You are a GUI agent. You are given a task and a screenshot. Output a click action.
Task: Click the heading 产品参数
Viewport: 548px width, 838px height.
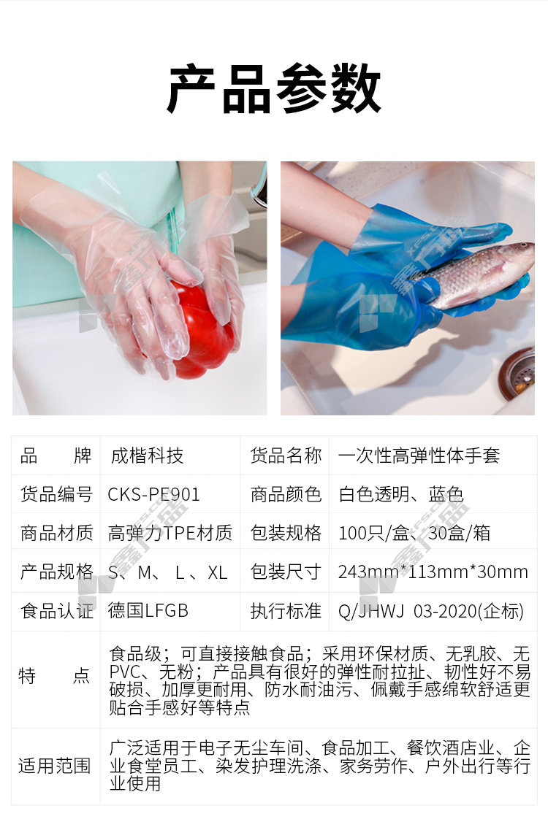tap(274, 88)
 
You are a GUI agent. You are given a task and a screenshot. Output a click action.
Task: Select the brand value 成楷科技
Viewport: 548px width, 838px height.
tap(147, 456)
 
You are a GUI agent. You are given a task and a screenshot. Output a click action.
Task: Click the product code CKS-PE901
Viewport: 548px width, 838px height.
tap(153, 494)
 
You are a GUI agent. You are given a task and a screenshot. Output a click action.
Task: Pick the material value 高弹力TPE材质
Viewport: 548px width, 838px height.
tap(170, 533)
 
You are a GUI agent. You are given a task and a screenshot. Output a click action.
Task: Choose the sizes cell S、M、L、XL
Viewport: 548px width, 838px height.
tap(167, 572)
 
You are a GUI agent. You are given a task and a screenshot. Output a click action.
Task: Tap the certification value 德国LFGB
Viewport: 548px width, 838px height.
tap(148, 610)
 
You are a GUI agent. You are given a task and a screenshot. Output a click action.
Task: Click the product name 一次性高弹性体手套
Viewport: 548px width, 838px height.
tap(419, 456)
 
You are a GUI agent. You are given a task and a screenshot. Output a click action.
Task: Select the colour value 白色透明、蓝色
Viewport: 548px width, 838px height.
tap(401, 494)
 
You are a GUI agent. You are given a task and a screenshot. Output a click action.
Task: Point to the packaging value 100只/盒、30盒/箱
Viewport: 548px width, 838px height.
tap(414, 533)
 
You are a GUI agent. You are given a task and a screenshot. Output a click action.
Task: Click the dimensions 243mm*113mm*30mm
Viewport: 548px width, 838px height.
tap(433, 572)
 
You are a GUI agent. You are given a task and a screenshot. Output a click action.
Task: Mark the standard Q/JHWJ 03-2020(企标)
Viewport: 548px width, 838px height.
tap(431, 611)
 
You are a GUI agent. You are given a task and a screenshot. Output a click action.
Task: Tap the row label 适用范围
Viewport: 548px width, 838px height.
tap(55, 766)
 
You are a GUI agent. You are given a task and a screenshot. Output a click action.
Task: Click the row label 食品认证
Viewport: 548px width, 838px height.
tap(56, 610)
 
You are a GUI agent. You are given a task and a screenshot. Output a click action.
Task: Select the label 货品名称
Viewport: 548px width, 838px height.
tap(286, 456)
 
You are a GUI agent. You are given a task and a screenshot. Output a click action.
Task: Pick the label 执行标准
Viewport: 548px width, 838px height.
tap(286, 610)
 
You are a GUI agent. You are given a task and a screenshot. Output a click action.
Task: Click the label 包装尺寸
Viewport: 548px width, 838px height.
tap(286, 572)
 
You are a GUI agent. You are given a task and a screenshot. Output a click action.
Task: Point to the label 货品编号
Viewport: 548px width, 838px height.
tap(56, 494)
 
